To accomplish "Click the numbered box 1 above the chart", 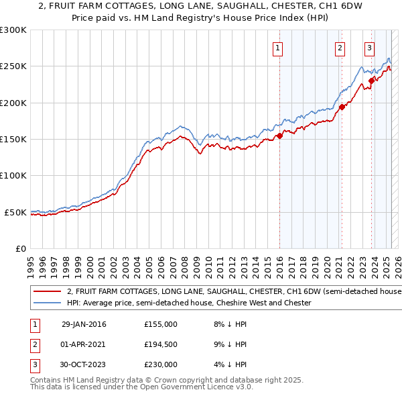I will coord(277,48).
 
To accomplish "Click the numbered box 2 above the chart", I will coord(340,48).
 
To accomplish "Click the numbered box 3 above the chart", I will coord(369,48).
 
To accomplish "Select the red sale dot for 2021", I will coord(341,107).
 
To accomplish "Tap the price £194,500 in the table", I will coord(161,344).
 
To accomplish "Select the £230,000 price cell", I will coord(161,364).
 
